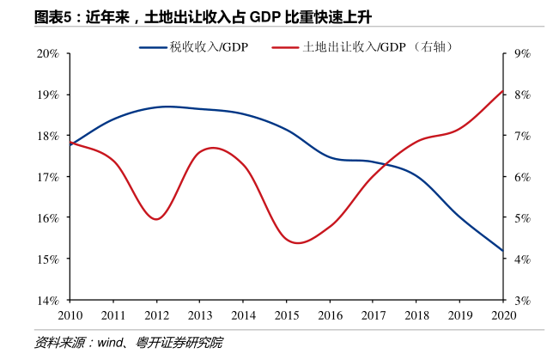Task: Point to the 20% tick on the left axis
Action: pyautogui.click(x=47, y=53)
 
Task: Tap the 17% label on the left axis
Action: pyautogui.click(x=47, y=177)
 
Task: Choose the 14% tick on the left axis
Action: pyautogui.click(x=47, y=300)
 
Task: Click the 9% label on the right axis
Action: pyautogui.click(x=523, y=53)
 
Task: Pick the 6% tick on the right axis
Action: pyautogui.click(x=523, y=177)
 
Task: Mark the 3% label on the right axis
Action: pyautogui.click(x=523, y=300)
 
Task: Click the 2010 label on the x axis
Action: pyautogui.click(x=70, y=315)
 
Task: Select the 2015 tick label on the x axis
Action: pyautogui.click(x=287, y=315)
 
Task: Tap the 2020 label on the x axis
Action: pyautogui.click(x=503, y=315)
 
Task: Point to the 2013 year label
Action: pyautogui.click(x=200, y=315)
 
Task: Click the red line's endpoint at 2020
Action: pyautogui.click(x=502, y=90)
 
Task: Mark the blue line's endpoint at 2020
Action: pyautogui.click(x=502, y=251)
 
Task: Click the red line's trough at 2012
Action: pyautogui.click(x=156, y=219)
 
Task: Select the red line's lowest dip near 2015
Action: pyautogui.click(x=296, y=243)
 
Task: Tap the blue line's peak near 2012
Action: pyautogui.click(x=167, y=107)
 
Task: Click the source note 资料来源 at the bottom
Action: pyautogui.click(x=128, y=343)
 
